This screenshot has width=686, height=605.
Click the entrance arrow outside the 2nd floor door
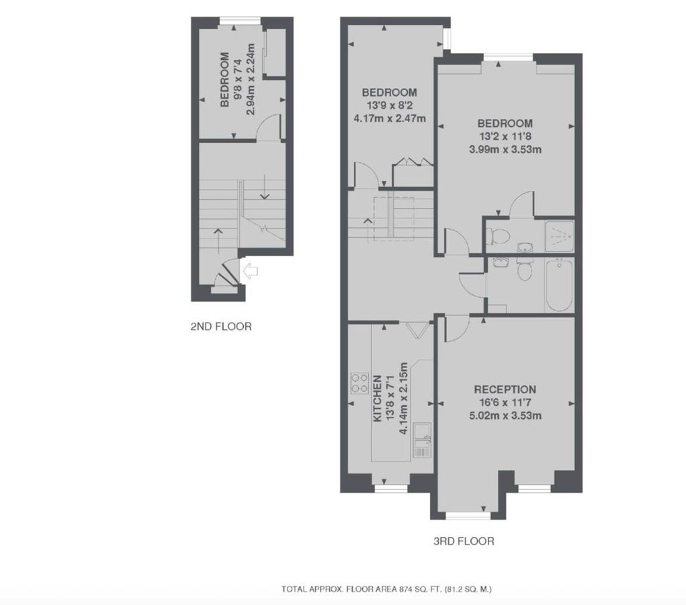click(249, 271)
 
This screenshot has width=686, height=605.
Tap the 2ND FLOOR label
click(220, 327)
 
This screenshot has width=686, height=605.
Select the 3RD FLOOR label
click(464, 540)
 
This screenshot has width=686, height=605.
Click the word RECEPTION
click(505, 389)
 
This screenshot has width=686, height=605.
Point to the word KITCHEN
click(378, 398)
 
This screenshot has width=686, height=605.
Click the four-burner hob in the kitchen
click(359, 384)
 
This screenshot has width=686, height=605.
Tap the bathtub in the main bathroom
click(559, 285)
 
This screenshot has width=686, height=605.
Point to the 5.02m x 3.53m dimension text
click(505, 415)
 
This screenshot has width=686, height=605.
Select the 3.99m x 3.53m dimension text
click(505, 149)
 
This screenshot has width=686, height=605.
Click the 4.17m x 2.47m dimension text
click(389, 118)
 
